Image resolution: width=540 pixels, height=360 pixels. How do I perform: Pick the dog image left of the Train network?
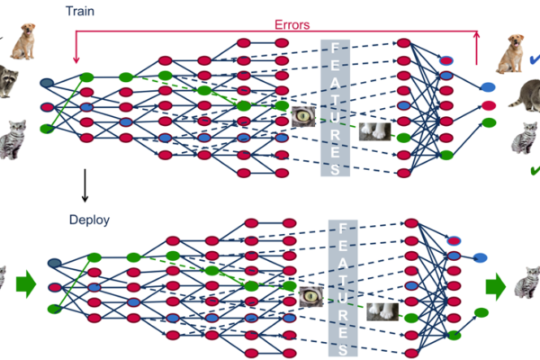(20, 40)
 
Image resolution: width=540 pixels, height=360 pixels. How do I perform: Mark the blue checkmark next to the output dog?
(535, 61)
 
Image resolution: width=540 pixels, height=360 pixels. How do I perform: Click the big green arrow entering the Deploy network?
(25, 285)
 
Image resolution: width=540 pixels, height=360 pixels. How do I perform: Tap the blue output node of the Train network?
(487, 87)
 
